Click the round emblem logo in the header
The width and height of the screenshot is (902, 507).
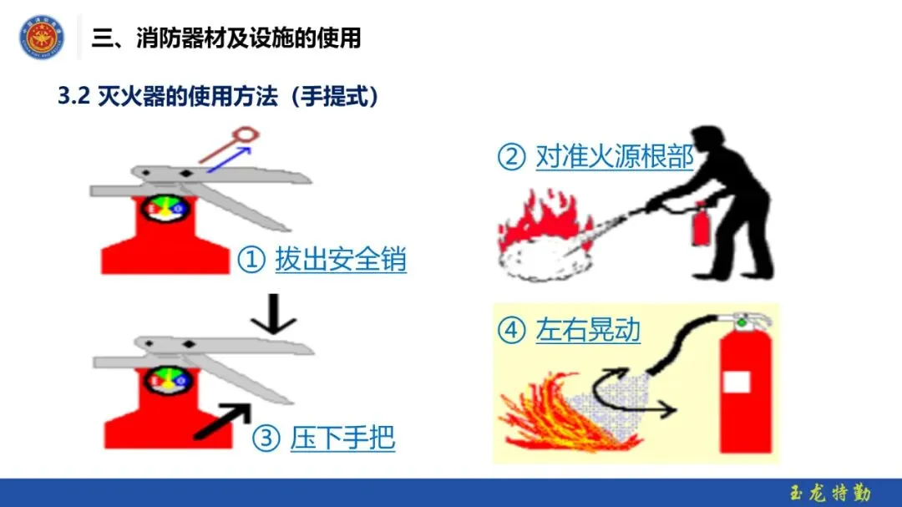(42, 38)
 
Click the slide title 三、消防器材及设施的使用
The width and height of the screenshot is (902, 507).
(225, 38)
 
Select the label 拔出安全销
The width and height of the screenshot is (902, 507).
(341, 261)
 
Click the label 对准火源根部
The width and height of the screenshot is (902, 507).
(615, 156)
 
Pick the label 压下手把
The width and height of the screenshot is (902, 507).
(343, 438)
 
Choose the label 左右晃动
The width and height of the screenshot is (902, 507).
(588, 331)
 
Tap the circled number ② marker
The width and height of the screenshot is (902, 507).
(511, 157)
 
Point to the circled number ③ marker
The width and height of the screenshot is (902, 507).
(266, 439)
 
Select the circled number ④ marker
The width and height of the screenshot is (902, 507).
(511, 332)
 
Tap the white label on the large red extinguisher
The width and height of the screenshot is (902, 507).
(737, 381)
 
